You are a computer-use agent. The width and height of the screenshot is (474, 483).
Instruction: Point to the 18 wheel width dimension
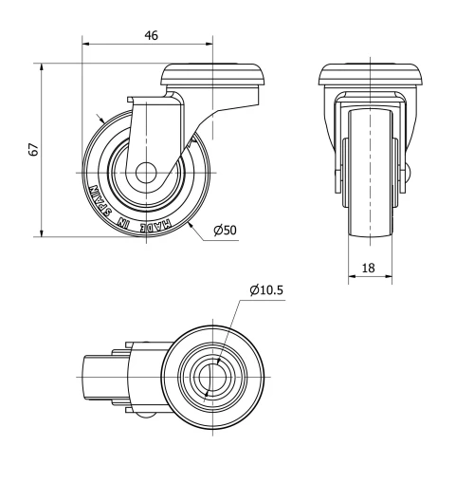point(369,268)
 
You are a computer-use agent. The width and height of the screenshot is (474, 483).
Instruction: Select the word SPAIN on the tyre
point(100,195)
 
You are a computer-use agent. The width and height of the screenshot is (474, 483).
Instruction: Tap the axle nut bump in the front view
point(410,175)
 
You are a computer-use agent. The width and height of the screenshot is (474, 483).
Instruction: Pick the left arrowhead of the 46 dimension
point(86,44)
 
